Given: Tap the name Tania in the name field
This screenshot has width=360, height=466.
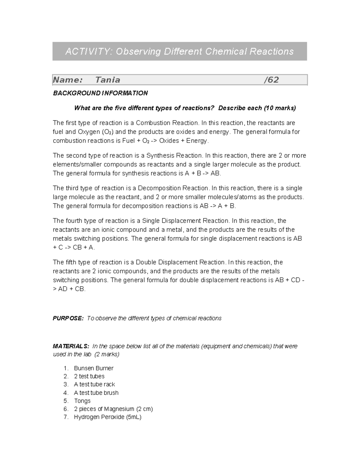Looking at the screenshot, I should point(108,80).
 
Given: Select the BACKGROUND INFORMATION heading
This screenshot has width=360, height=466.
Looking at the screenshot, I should point(100,93).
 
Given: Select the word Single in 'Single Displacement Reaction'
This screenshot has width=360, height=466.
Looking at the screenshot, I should point(151,221).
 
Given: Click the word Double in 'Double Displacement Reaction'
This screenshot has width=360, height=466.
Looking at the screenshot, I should point(146,262).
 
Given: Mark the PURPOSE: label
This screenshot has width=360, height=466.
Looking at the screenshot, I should point(68,318).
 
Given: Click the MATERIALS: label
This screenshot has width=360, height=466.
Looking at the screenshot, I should point(71,346).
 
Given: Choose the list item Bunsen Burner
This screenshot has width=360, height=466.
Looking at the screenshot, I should point(94,368).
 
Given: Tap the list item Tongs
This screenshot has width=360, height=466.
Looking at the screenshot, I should point(82,401).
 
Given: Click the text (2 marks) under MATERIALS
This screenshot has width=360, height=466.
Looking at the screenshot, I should point(107,354).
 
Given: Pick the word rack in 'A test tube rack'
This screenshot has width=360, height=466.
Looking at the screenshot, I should point(109,384).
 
